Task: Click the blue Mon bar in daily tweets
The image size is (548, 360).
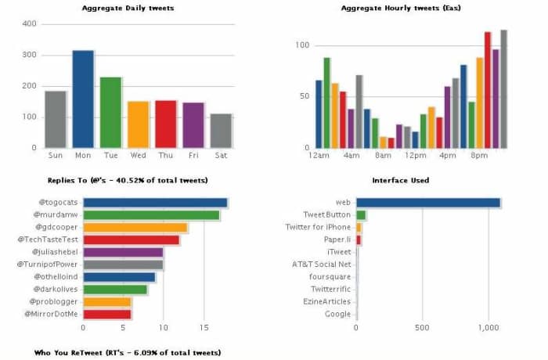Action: (83, 99)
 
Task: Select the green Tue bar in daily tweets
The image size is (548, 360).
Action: (110, 113)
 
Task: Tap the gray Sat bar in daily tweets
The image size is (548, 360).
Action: (221, 131)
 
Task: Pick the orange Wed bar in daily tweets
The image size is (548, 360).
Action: (138, 124)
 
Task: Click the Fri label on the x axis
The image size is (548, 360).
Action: (193, 155)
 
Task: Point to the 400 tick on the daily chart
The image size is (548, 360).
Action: (29, 23)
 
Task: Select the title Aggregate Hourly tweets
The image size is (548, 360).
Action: (402, 8)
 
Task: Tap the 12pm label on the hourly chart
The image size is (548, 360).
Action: (415, 155)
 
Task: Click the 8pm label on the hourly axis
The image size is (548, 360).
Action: (480, 155)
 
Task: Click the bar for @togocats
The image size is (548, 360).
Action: (155, 203)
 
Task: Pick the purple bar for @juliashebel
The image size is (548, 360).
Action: (123, 252)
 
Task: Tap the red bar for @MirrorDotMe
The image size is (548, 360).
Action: (106, 314)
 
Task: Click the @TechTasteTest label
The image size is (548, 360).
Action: (49, 239)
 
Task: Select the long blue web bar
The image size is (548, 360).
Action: (428, 203)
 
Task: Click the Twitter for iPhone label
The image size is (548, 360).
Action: (319, 227)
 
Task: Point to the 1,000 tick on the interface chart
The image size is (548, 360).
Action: (489, 328)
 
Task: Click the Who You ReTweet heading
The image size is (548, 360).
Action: (128, 353)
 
